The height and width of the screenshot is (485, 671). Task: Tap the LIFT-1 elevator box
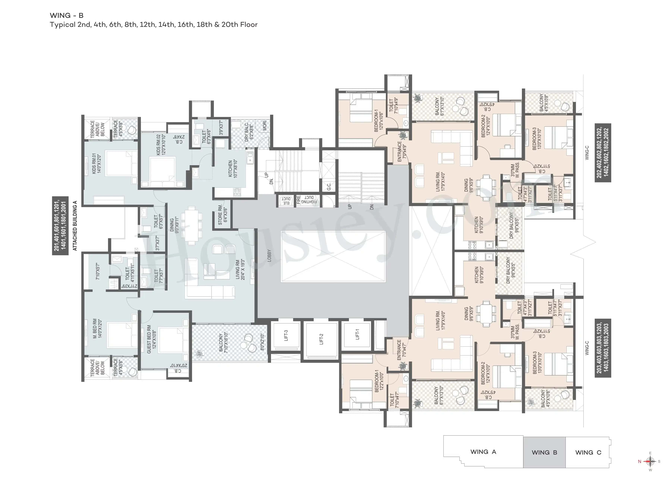[357, 335]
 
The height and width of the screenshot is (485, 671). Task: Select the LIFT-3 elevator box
[286, 335]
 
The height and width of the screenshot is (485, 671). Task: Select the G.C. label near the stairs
[329, 187]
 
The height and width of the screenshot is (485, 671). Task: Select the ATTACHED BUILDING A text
[75, 226]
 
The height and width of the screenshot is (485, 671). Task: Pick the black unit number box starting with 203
[603, 348]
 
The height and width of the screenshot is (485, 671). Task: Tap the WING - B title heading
[67, 15]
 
